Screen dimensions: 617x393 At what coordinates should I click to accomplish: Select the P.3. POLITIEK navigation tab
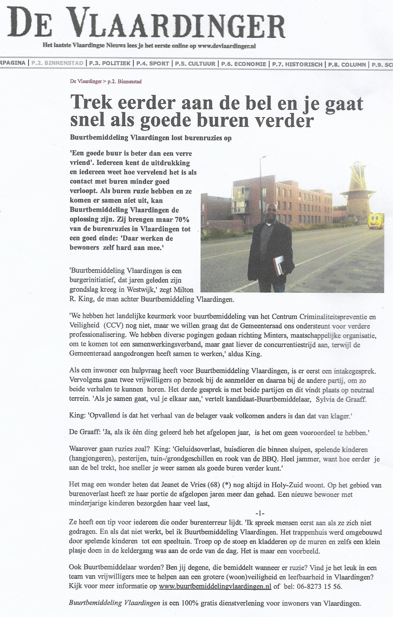tap(110, 64)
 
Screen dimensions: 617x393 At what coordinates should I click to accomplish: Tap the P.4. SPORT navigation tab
tap(153, 64)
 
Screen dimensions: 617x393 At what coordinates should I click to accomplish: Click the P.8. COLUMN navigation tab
tap(346, 64)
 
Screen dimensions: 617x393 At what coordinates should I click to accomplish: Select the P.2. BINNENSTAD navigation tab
tap(57, 64)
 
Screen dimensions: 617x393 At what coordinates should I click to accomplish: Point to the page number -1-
tap(260, 513)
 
